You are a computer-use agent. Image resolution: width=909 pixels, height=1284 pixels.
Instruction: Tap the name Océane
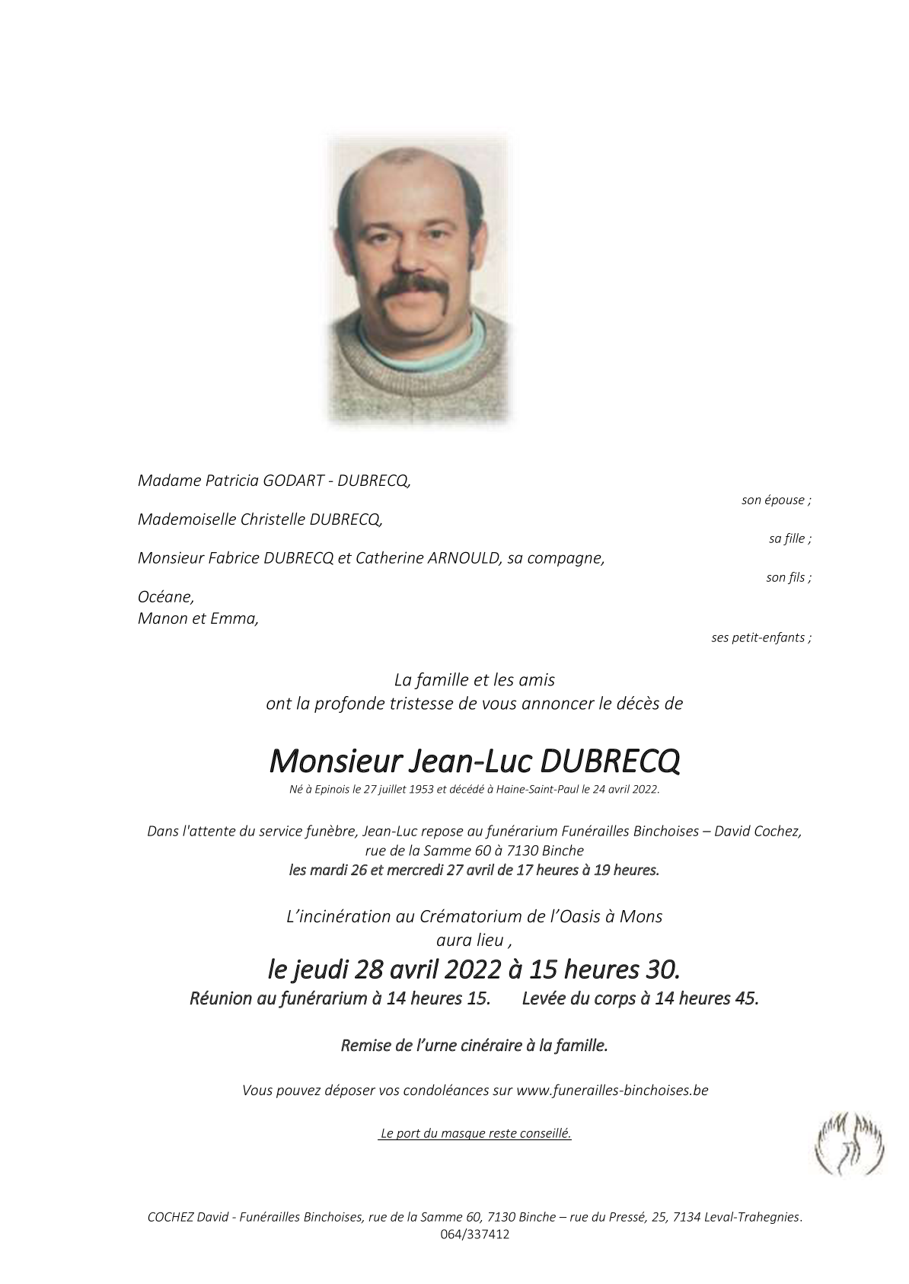[165, 598]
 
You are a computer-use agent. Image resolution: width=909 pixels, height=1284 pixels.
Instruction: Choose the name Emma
[237, 618]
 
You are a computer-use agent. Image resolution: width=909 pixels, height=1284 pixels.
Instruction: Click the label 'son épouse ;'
[776, 500]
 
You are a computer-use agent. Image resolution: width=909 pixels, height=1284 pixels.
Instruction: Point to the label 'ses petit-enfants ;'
[761, 637]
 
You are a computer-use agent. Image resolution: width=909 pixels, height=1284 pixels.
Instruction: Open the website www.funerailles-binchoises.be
[612, 1090]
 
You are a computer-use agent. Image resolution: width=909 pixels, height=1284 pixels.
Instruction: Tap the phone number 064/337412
[474, 1235]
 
